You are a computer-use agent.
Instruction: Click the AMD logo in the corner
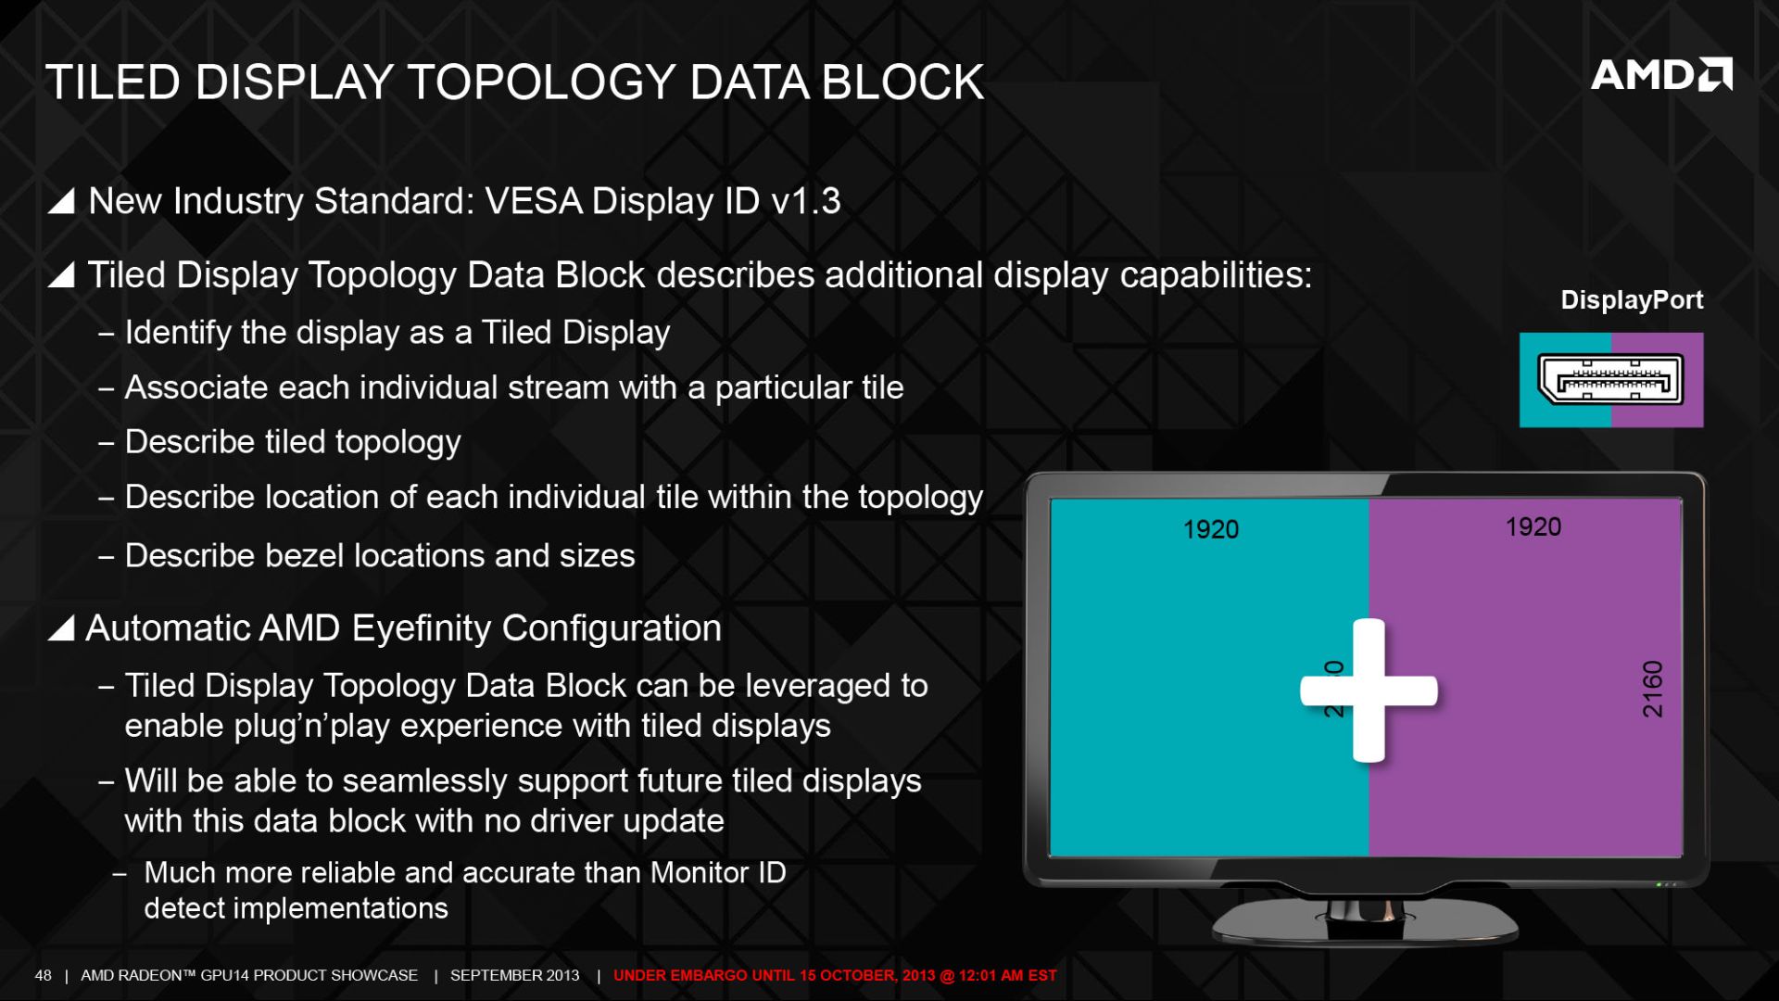[x=1661, y=74]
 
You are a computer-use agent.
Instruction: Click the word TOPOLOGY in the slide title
[x=542, y=82]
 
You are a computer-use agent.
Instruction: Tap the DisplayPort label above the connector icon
[x=1632, y=299]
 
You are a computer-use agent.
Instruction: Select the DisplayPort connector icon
[x=1610, y=379]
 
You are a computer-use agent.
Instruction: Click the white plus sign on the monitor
[x=1369, y=691]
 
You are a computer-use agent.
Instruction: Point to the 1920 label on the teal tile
[x=1211, y=529]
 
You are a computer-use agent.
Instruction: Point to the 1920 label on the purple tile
[x=1533, y=526]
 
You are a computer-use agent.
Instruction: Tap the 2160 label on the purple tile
[x=1653, y=689]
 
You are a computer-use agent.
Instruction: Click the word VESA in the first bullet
[x=534, y=201]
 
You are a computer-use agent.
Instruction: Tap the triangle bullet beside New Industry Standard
[x=61, y=200]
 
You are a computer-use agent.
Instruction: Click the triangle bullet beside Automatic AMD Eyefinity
[x=61, y=627]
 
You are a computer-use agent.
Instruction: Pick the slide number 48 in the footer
[x=44, y=975]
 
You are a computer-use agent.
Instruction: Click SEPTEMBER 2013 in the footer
[x=515, y=975]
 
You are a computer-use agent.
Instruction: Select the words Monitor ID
[x=718, y=872]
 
